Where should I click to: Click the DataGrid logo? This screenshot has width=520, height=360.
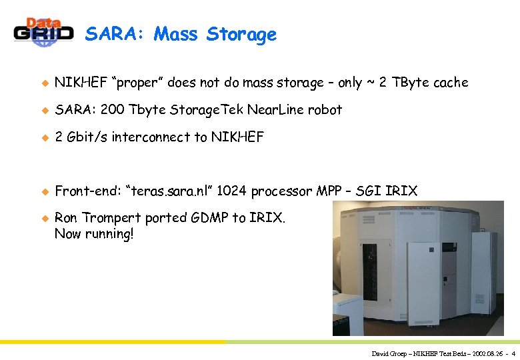(43, 31)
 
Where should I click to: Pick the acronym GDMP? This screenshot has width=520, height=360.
(207, 219)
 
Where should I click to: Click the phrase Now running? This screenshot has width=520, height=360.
(94, 234)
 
